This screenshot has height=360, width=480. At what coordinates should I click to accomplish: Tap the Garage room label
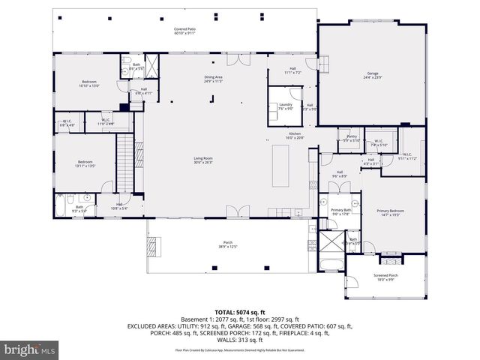click(x=373, y=75)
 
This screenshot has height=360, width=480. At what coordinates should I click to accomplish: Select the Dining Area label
click(x=214, y=79)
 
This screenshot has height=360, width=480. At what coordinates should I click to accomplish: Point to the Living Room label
click(x=203, y=160)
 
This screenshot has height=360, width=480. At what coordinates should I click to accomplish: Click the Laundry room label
click(x=285, y=106)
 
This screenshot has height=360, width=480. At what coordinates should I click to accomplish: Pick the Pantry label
click(x=351, y=138)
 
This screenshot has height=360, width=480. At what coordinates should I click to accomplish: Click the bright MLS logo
click(x=29, y=349)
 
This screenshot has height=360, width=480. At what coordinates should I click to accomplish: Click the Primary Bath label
click(x=340, y=212)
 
